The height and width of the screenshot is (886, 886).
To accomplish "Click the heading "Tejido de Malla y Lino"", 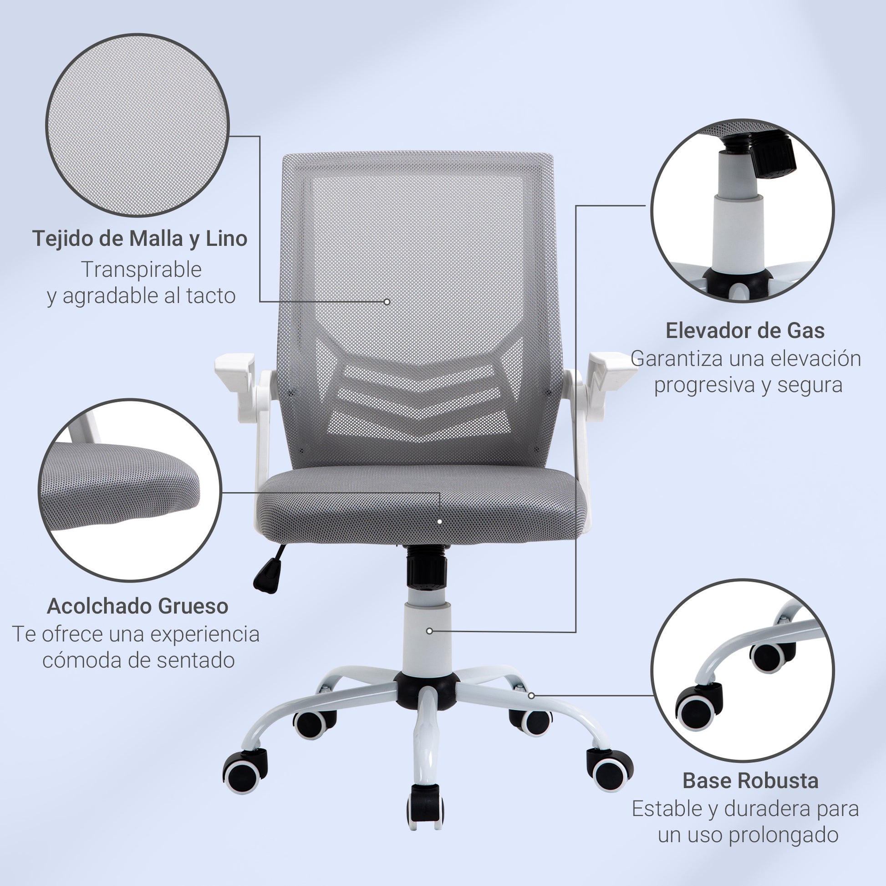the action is (140, 239).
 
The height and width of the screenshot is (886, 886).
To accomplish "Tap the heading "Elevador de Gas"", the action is (745, 331).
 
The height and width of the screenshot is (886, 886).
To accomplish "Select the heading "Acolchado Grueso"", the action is (137, 606).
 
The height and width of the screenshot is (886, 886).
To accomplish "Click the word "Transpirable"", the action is (142, 270).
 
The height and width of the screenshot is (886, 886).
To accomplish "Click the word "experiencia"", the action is (204, 635).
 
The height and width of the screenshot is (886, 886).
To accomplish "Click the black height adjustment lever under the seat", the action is (268, 569).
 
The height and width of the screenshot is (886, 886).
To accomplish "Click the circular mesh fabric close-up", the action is (137, 125).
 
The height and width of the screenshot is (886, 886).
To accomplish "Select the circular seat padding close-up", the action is (130, 490).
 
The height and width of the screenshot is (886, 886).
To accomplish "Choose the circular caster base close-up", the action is (743, 670).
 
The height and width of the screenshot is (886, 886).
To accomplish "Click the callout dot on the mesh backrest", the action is (387, 302).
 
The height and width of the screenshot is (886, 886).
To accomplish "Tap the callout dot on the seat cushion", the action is (440, 522).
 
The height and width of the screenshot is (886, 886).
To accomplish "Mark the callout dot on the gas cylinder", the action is (429, 631).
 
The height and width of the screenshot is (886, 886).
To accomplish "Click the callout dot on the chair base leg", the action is (531, 696).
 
